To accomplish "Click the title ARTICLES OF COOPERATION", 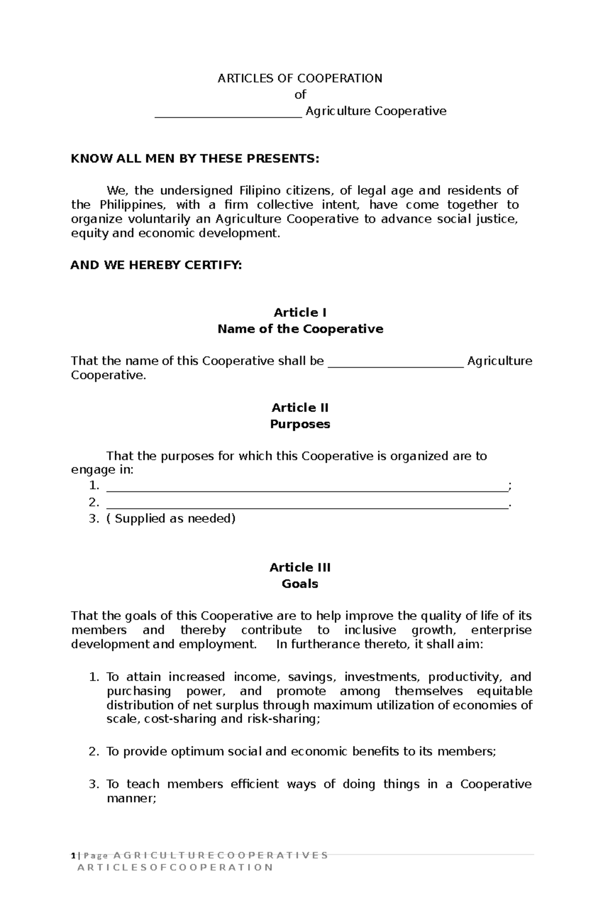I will click(x=299, y=78).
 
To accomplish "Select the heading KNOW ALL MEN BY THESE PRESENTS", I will click(x=195, y=159).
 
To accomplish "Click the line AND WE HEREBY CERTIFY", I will click(x=156, y=266).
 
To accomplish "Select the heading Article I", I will click(x=300, y=313).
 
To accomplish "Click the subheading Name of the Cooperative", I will click(x=300, y=329).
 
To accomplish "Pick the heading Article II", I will click(x=300, y=407).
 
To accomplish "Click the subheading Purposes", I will click(x=300, y=424).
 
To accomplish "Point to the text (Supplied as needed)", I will click(x=171, y=519).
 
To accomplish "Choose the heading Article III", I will click(x=300, y=567).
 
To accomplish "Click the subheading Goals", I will click(x=300, y=584).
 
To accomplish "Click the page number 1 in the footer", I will click(x=73, y=856).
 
